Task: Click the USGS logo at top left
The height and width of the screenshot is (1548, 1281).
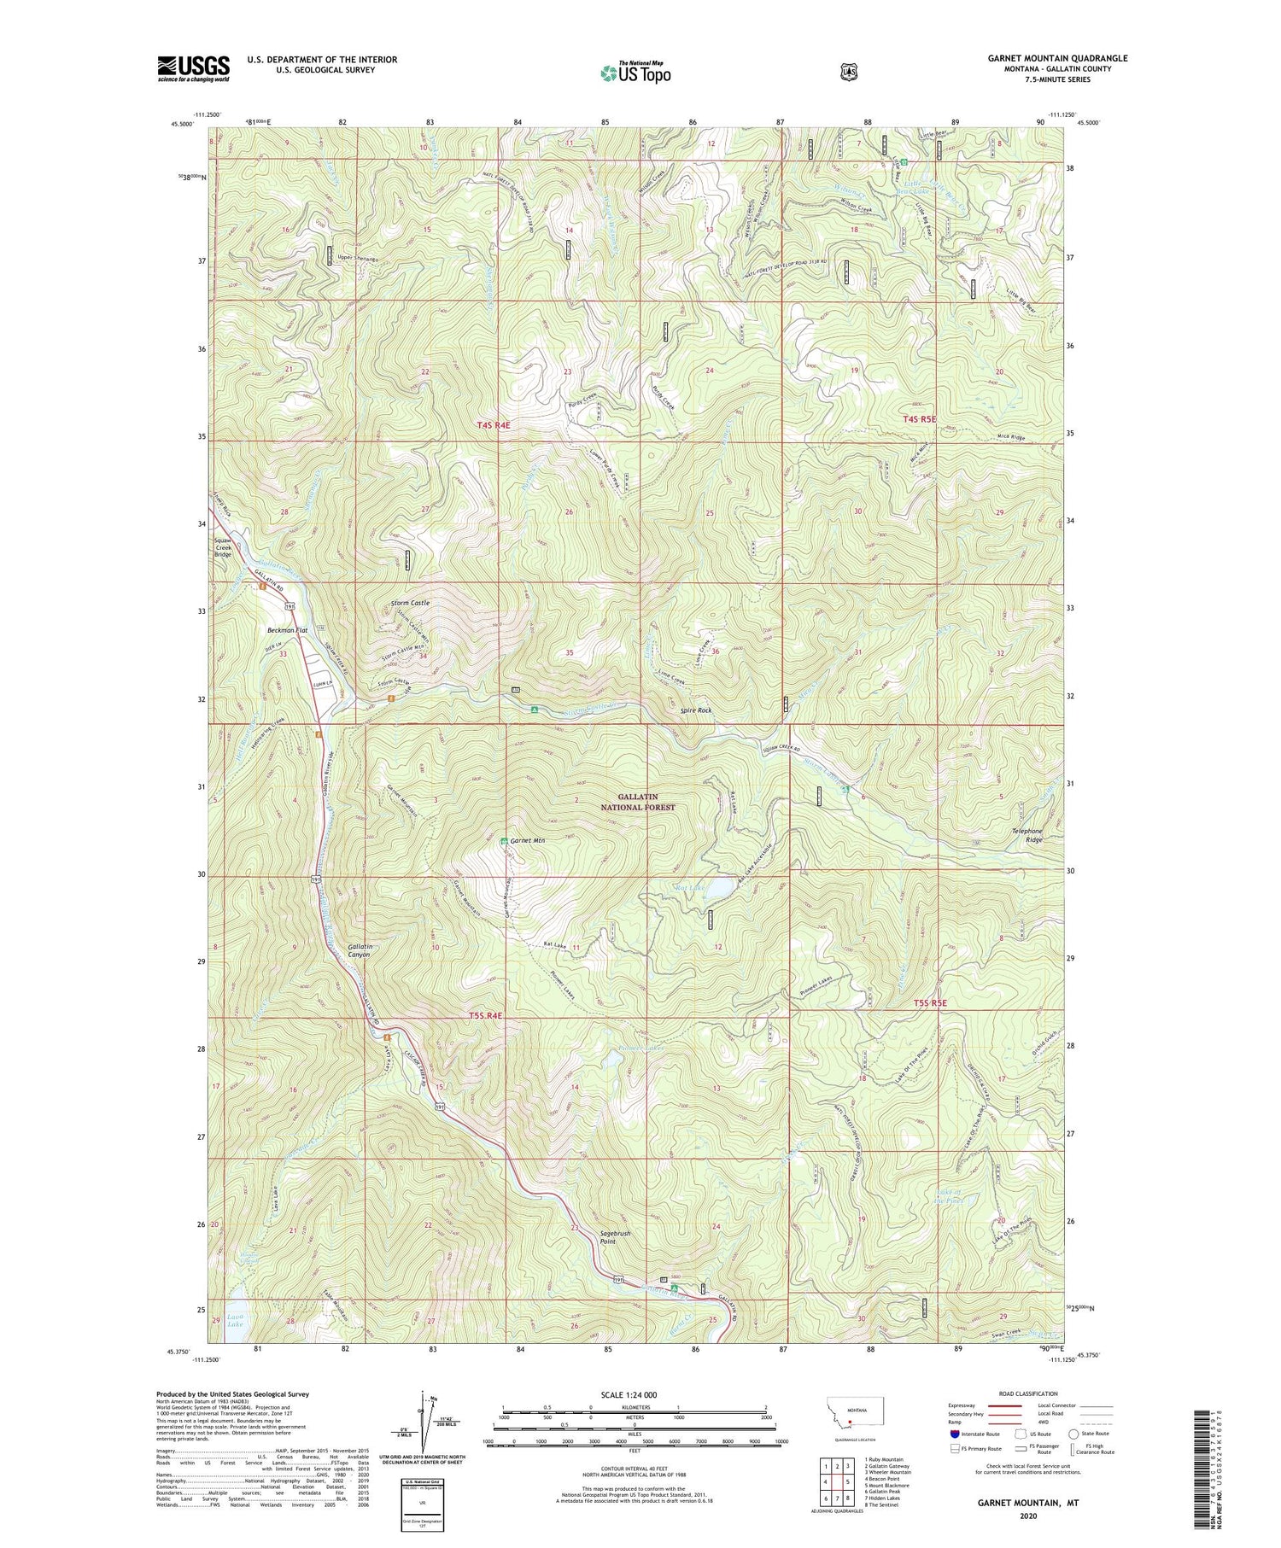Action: pyautogui.click(x=193, y=67)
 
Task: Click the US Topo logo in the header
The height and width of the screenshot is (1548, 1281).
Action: pyautogui.click(x=635, y=73)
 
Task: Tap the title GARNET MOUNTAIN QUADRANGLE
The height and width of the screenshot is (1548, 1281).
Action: pyautogui.click(x=1057, y=58)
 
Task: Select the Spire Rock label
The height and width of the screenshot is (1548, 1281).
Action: pyautogui.click(x=694, y=710)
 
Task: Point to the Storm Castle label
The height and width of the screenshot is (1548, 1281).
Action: pyautogui.click(x=409, y=603)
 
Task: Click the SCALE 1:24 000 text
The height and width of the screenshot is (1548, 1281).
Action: pyautogui.click(x=635, y=1394)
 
